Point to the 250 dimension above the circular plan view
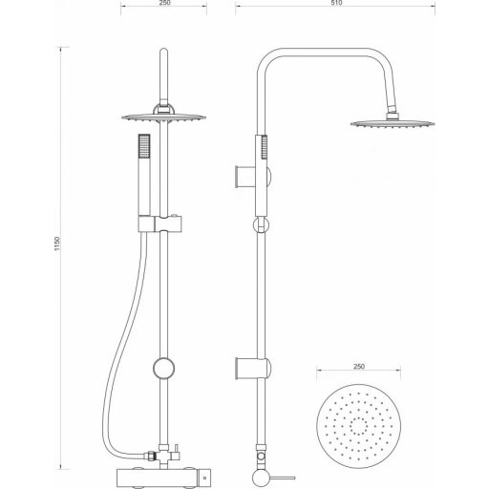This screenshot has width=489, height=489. [359, 364]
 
